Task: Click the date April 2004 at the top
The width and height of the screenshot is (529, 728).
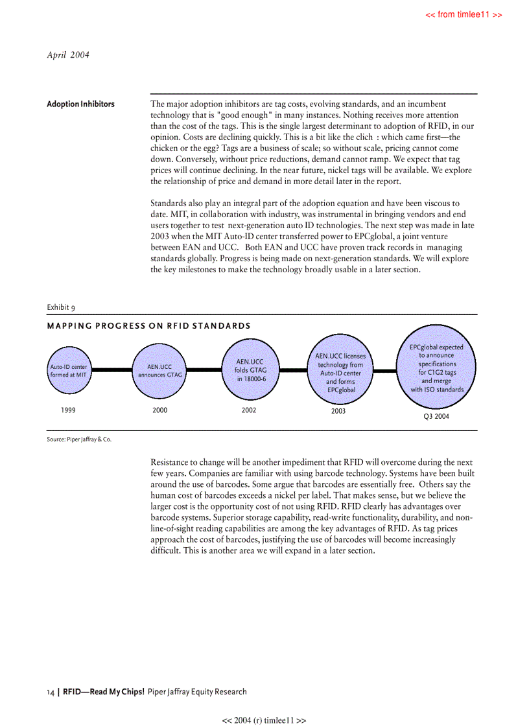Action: click(68, 55)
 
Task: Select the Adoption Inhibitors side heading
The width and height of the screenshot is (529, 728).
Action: click(80, 104)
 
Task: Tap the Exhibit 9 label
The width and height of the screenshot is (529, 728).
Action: click(62, 307)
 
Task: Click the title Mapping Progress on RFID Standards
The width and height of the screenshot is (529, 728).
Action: click(148, 325)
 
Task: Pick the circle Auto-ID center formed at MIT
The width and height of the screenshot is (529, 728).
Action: click(69, 371)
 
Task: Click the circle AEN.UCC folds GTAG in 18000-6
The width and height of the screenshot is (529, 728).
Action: click(249, 370)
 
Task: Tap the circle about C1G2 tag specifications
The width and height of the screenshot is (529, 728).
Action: click(436, 368)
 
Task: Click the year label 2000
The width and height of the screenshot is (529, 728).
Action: click(159, 410)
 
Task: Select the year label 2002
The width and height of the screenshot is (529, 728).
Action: click(248, 410)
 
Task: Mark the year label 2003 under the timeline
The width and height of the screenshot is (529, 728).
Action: click(338, 412)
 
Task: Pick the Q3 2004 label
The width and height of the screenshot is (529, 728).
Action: click(436, 417)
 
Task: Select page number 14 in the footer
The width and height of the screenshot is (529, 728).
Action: click(51, 692)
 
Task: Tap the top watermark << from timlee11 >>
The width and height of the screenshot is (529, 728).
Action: click(463, 14)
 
